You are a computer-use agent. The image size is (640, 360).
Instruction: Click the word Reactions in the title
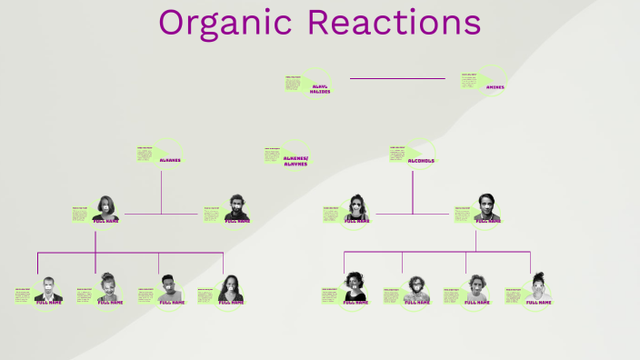(394, 23)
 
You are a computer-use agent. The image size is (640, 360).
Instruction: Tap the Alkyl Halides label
(320, 89)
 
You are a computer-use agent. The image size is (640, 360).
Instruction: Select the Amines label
(495, 87)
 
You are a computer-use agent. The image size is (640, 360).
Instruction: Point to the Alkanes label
(170, 160)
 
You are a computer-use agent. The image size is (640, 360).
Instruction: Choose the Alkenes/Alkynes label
(296, 161)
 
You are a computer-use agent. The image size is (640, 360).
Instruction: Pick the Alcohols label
(421, 161)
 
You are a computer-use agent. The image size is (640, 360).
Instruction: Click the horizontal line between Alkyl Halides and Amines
(397, 78)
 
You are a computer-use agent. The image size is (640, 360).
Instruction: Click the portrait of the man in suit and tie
(49, 289)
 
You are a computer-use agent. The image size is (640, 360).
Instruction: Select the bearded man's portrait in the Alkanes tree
(236, 208)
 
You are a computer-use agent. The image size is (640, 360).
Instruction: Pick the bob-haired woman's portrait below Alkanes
(105, 208)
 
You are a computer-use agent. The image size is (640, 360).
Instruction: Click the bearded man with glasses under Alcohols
(416, 288)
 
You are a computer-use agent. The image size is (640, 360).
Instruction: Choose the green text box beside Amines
(469, 82)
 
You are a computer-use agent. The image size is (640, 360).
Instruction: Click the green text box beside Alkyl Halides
(294, 84)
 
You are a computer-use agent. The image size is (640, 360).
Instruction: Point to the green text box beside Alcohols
(397, 153)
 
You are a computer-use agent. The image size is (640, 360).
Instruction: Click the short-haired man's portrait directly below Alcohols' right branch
(486, 207)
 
